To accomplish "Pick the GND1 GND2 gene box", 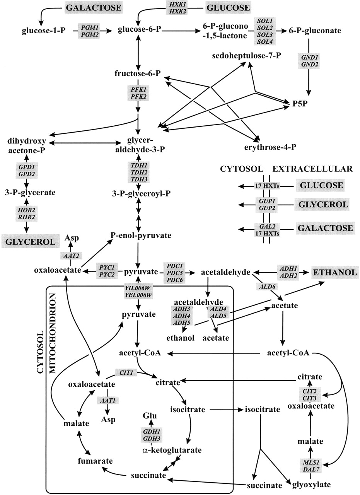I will click(x=310, y=60).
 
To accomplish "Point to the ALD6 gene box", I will click(x=268, y=286).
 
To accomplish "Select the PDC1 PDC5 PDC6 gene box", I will click(x=175, y=272).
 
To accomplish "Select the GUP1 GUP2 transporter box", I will click(x=266, y=204).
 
